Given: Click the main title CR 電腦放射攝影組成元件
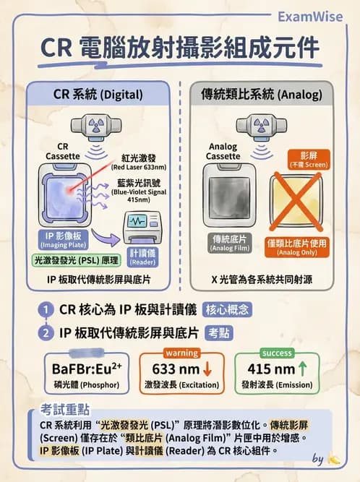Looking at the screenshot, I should point(179,48).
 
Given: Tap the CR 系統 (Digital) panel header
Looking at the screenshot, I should point(98,94).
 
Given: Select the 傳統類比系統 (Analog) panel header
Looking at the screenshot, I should point(261,94).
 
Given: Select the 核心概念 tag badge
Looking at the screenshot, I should point(228,311).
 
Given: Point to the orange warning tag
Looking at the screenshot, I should point(181,353).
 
